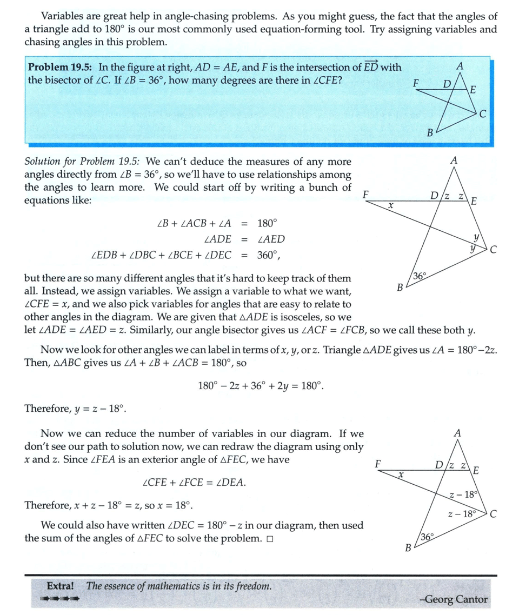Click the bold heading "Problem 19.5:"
pyautogui.click(x=60, y=68)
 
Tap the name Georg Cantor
pyautogui.click(x=453, y=599)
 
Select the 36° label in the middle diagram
pyautogui.click(x=420, y=276)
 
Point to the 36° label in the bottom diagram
pyautogui.click(x=427, y=537)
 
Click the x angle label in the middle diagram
pyautogui.click(x=390, y=206)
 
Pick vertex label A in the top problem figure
pyautogui.click(x=460, y=66)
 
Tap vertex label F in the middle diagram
pyautogui.click(x=367, y=193)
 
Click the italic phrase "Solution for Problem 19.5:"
pyautogui.click(x=83, y=162)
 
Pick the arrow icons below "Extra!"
pyautogui.click(x=59, y=598)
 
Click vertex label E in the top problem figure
pyautogui.click(x=473, y=90)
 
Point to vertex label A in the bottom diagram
pyautogui.click(x=457, y=433)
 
